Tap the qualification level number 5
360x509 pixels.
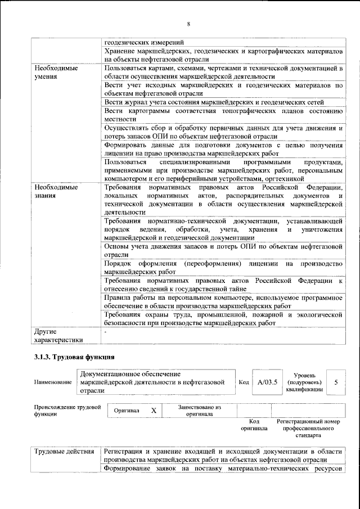click(x=336, y=382)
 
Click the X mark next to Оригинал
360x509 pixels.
click(x=153, y=411)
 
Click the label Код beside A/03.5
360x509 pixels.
click(x=244, y=382)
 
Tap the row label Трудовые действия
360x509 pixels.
click(x=64, y=452)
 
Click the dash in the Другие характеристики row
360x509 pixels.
click(x=106, y=331)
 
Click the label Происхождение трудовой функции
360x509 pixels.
click(x=67, y=410)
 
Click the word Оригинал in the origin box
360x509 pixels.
click(x=127, y=411)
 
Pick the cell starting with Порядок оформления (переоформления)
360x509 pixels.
click(x=223, y=268)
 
